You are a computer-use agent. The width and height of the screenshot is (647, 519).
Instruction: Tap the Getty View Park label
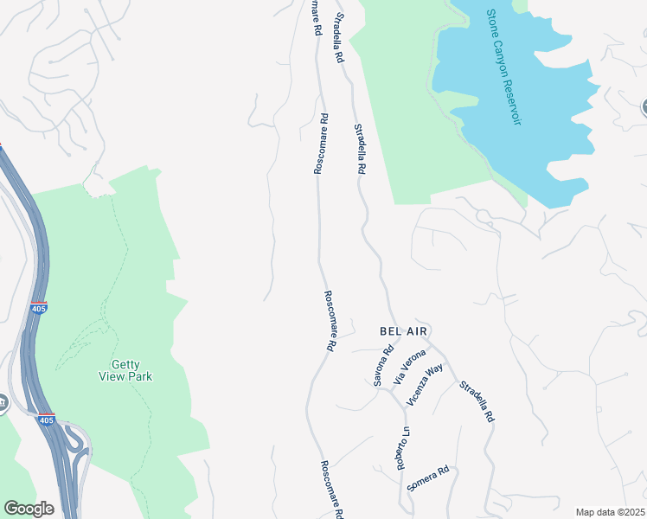(126, 370)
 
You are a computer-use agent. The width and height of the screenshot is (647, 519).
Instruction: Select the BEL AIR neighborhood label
(404, 331)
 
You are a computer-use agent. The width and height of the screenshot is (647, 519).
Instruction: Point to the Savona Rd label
(383, 365)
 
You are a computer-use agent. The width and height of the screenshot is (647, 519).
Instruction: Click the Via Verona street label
(409, 367)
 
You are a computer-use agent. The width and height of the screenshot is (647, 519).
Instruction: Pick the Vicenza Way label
(425, 383)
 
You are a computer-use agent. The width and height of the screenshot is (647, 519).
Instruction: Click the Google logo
(29, 508)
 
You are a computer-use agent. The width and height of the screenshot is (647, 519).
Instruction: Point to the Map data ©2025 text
(609, 512)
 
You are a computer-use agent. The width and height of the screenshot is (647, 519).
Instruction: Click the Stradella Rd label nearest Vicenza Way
(477, 401)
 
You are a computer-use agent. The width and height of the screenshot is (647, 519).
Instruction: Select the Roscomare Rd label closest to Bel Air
(330, 320)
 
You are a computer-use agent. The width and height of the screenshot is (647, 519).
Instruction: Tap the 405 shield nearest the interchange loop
(47, 420)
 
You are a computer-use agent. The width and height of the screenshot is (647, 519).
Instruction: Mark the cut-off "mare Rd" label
(317, 17)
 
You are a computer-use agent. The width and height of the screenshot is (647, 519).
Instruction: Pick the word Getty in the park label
(126, 364)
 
